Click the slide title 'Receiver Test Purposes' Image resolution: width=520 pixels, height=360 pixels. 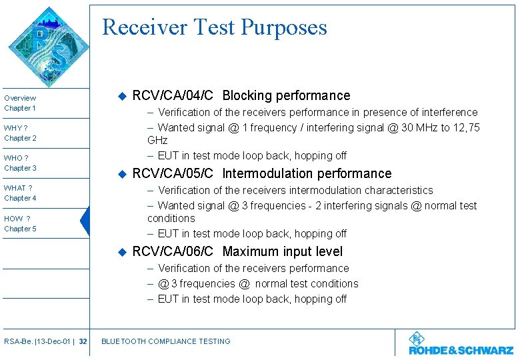click(215, 27)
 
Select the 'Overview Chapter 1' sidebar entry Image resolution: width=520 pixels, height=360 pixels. click(21, 103)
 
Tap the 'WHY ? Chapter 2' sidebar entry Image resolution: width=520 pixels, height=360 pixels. click(21, 133)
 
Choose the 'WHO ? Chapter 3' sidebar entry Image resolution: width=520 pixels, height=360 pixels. click(21, 163)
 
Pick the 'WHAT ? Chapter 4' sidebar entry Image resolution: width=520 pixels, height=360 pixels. click(21, 193)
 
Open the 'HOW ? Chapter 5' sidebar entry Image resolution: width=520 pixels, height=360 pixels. click(21, 223)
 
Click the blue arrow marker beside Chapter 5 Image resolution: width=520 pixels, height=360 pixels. click(85, 221)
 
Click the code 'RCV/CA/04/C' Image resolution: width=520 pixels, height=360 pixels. click(173, 96)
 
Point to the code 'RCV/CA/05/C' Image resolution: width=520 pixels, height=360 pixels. click(173, 174)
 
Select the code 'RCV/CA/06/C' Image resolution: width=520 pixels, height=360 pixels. click(173, 252)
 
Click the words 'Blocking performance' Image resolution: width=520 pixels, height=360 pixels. click(286, 96)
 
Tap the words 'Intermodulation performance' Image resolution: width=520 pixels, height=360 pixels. click(307, 174)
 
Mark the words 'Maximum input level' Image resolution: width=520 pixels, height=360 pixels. click(282, 252)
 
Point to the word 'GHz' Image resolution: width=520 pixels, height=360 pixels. click(157, 141)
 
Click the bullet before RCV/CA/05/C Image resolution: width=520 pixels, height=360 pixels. click(121, 174)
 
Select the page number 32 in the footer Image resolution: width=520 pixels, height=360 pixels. click(83, 341)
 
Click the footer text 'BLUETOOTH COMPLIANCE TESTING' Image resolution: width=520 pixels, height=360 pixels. click(165, 341)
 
